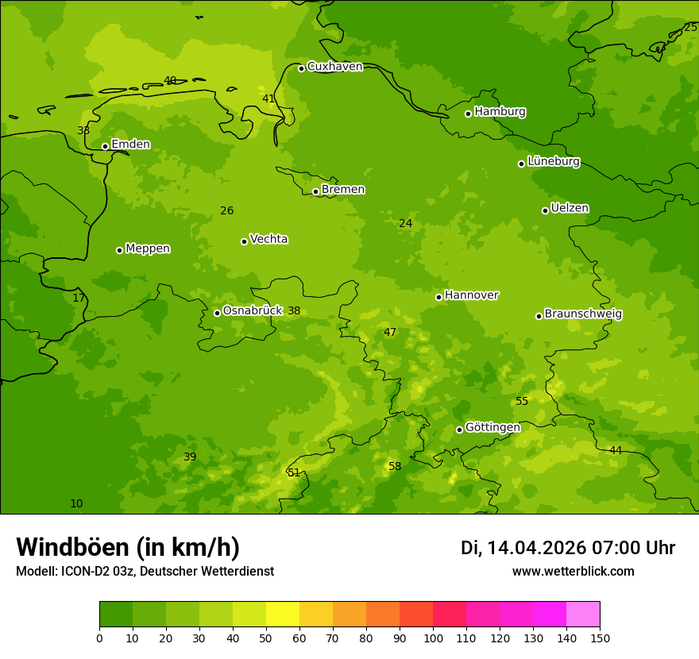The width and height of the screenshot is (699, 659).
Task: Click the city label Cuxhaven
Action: [x=334, y=67]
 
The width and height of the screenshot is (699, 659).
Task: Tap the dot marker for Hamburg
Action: [x=468, y=114]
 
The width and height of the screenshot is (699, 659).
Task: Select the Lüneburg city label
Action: [x=553, y=161]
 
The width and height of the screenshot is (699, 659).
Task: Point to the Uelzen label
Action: [x=570, y=208]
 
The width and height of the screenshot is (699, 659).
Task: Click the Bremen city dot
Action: [x=315, y=191]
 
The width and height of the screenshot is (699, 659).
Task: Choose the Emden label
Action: [x=130, y=144]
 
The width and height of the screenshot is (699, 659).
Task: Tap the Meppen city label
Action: [x=148, y=249]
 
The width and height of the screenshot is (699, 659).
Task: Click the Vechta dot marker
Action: [x=244, y=241]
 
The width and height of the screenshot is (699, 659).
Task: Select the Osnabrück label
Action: [x=253, y=310]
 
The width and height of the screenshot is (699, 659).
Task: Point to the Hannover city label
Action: [x=471, y=295]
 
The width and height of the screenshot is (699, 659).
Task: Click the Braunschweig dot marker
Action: [x=539, y=316]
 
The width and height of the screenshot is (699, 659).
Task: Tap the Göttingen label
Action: [x=492, y=427]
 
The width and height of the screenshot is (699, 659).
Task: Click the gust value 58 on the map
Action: [x=395, y=466]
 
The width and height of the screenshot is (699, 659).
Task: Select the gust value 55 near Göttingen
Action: [x=522, y=401]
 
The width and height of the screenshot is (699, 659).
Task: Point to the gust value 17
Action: [x=79, y=298]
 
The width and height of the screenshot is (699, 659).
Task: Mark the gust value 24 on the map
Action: [x=405, y=223]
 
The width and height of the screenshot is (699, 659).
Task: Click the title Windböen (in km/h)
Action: [x=128, y=547]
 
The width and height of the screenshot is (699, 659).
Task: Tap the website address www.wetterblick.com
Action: [x=573, y=571]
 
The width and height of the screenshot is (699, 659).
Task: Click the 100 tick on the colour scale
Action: [x=433, y=638]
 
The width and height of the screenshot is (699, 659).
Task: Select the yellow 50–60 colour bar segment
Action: [x=283, y=615]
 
